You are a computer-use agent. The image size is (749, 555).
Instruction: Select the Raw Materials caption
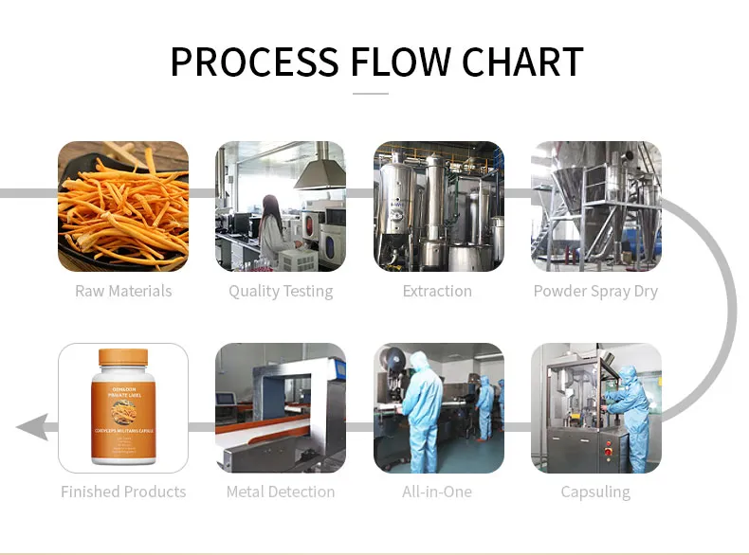[x=123, y=291]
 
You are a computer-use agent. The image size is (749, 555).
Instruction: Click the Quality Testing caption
[x=281, y=291]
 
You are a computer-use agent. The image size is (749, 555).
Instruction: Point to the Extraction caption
[x=437, y=291]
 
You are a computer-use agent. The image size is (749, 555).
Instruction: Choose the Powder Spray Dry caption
[x=595, y=291]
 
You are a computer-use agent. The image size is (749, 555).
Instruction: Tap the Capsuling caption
[x=595, y=492]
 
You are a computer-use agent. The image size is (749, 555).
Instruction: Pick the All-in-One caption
[x=437, y=492]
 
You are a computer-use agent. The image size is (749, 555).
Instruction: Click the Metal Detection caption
[x=281, y=492]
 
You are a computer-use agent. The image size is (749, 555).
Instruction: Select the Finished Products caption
[x=123, y=492]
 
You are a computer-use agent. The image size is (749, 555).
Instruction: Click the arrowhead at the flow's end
[x=30, y=427]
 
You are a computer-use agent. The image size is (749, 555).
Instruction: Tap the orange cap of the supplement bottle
[x=123, y=359]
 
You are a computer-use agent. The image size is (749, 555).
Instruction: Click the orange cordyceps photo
[x=123, y=206]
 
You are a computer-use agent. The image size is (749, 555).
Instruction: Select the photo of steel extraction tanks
[x=438, y=206]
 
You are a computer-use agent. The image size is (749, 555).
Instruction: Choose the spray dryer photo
[x=595, y=206]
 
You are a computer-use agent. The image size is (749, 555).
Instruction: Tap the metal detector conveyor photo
[x=281, y=408]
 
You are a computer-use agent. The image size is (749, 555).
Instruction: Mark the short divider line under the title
[x=371, y=94]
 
